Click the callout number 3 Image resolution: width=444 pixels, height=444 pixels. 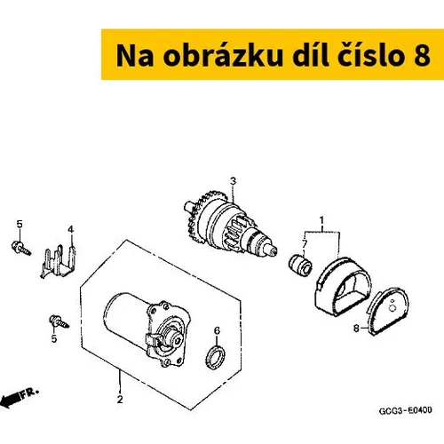click(234, 181)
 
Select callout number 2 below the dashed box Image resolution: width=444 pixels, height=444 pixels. click(120, 400)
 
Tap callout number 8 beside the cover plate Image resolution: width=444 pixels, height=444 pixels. click(356, 329)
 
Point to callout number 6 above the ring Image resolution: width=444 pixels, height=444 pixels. click(217, 330)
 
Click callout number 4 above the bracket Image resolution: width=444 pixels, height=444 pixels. click(70, 229)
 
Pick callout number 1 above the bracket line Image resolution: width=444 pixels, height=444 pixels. click(321, 220)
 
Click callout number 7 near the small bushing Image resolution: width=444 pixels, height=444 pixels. click(305, 244)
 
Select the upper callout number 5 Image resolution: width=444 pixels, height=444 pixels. click(20, 224)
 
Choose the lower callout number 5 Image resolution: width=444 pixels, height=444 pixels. click(54, 338)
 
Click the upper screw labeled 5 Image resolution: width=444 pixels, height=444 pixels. click(20, 248)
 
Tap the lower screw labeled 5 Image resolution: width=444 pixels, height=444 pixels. click(59, 321)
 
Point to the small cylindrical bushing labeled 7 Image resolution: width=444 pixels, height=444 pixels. click(300, 264)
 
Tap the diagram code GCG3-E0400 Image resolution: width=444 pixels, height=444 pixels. click(405, 411)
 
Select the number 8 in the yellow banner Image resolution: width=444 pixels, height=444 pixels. click(422, 56)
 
